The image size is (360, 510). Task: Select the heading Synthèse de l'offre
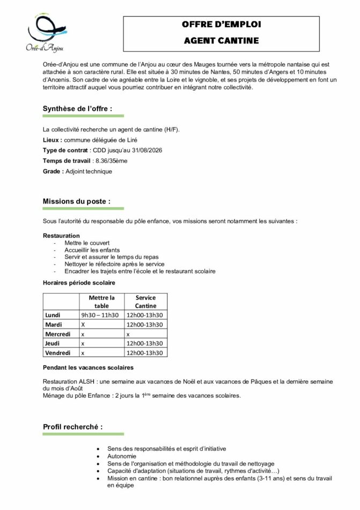77,108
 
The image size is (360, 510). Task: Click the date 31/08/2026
145,150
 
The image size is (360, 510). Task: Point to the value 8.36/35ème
111,161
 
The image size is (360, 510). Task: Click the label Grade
52,171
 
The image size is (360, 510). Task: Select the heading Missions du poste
76,201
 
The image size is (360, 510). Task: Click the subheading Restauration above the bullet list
61,236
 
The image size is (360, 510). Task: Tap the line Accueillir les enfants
92,250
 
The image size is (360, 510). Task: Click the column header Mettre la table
101,302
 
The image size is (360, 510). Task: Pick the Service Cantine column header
145,302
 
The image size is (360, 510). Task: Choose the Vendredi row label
57,353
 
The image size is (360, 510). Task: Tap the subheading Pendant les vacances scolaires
88,368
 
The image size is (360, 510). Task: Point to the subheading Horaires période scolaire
79,282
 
